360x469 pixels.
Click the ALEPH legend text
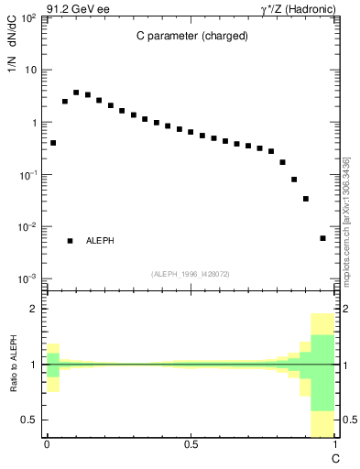(100, 240)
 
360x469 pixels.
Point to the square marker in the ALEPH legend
(70, 240)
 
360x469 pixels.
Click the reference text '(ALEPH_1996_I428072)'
(191, 274)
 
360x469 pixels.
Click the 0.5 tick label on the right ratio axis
(349, 420)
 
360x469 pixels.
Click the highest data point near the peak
(76, 93)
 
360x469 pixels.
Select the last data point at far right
(322, 238)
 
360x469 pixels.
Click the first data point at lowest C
(53, 143)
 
